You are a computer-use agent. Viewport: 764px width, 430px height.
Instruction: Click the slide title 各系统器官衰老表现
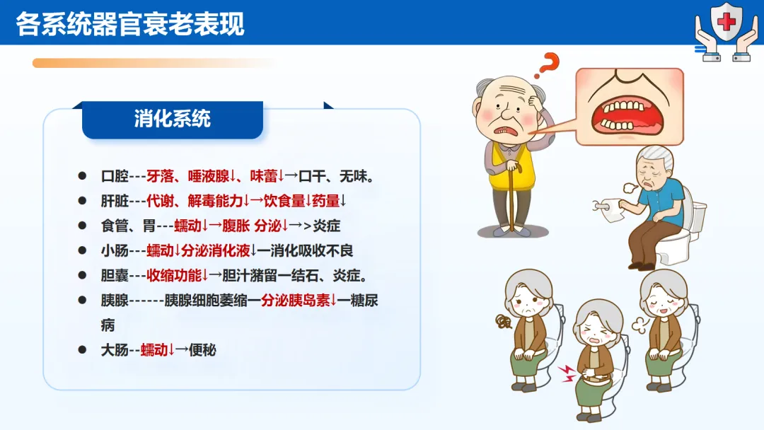coord(130,23)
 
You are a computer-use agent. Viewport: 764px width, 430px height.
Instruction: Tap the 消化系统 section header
coord(173,119)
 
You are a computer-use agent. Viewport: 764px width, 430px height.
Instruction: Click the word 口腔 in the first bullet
coord(115,176)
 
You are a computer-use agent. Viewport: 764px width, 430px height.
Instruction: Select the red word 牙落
coord(161,176)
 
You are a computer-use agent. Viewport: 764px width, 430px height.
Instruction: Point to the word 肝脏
coord(115,201)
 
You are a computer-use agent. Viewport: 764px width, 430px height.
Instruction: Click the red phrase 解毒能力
coord(215,201)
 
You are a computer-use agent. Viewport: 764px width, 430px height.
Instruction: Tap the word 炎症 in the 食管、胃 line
coord(326,226)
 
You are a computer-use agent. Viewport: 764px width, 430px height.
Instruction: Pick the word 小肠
coord(115,251)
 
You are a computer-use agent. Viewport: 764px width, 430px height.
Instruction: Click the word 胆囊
coord(115,276)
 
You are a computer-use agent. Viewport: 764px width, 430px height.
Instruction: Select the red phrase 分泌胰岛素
coord(295,301)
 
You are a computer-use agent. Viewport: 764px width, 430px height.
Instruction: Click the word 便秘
coord(202,350)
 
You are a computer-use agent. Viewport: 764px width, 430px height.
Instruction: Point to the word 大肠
coord(115,350)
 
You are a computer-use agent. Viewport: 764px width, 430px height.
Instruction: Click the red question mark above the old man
coord(547,65)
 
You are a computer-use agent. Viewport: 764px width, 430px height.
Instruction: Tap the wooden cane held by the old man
coord(513,194)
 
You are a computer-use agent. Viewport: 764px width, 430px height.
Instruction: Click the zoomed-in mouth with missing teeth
coord(630,107)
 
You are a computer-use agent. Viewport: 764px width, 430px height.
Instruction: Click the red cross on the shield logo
coord(727,21)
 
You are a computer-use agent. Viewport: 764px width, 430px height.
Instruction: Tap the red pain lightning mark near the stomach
coord(567,373)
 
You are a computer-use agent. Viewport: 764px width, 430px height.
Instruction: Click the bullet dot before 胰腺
coord(82,301)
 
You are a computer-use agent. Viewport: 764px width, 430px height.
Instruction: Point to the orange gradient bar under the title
coord(154,64)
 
